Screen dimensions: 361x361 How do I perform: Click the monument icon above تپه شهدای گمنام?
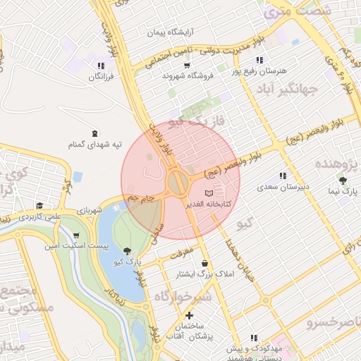coord(95,133)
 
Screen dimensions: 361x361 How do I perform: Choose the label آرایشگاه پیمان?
coord(171,33)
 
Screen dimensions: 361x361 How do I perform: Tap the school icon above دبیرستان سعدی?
coord(283,176)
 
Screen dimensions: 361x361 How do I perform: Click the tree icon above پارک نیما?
coord(343,180)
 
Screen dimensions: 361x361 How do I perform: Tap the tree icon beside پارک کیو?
coord(127,251)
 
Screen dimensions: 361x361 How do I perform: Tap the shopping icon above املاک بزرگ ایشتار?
coord(204,262)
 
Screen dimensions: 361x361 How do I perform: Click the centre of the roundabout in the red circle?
coord(178,184)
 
